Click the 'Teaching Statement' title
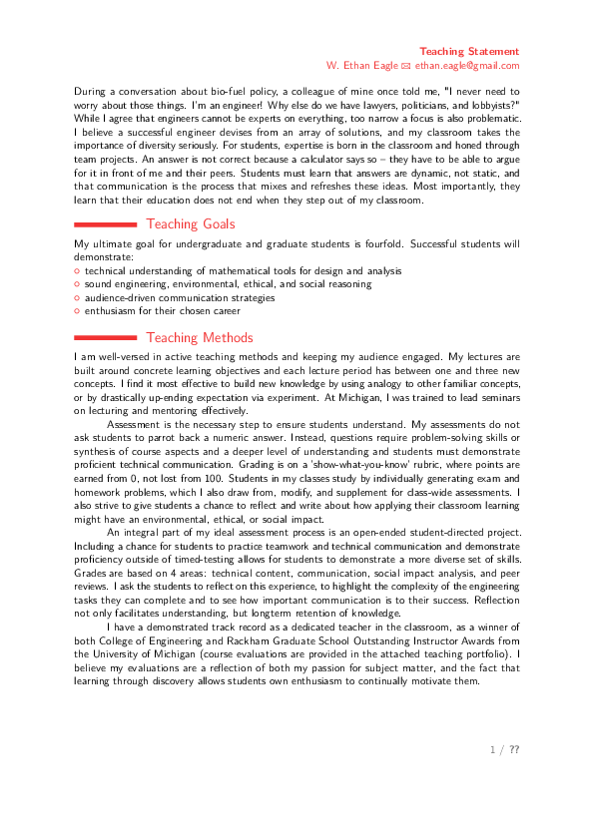(469, 52)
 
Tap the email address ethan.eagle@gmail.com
(467, 66)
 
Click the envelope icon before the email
(406, 67)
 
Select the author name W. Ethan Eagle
(361, 66)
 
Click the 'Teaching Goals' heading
(191, 223)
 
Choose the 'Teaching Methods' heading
(200, 337)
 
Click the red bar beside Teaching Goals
(105, 224)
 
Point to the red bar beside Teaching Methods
(105, 337)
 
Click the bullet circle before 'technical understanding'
(77, 271)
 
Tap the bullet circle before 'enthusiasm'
(77, 311)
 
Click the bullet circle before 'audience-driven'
(77, 298)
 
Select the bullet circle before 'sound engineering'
(77, 284)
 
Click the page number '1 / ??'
(504, 749)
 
